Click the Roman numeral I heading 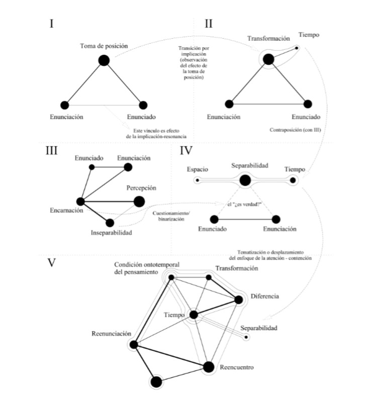pos(51,23)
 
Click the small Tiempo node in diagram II pos(297,48)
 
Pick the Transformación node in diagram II pos(268,59)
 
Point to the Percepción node pos(139,202)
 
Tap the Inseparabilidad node pos(110,222)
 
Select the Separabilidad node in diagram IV pos(245,180)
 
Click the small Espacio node pos(198,180)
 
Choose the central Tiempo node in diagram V pos(194,315)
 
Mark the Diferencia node pos(238,300)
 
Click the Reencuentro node pos(209,367)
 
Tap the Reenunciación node pos(134,344)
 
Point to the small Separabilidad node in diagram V pos(246,337)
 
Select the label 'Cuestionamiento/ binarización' pos(171,216)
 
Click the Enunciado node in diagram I pos(143,105)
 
